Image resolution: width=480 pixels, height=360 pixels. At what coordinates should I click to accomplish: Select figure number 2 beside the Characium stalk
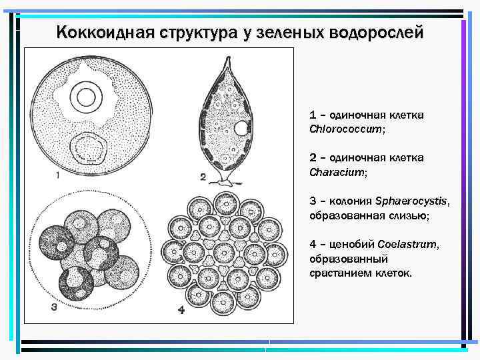point(203,177)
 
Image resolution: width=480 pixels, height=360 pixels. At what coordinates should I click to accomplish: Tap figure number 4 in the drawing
point(181,309)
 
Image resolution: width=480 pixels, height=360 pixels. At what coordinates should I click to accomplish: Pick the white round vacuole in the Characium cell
point(243,129)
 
